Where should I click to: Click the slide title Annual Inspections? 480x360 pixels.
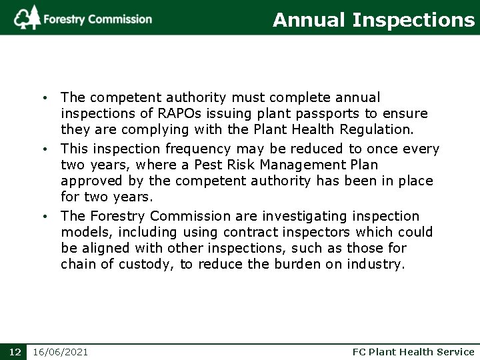373,20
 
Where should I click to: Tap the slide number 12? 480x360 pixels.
13,351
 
